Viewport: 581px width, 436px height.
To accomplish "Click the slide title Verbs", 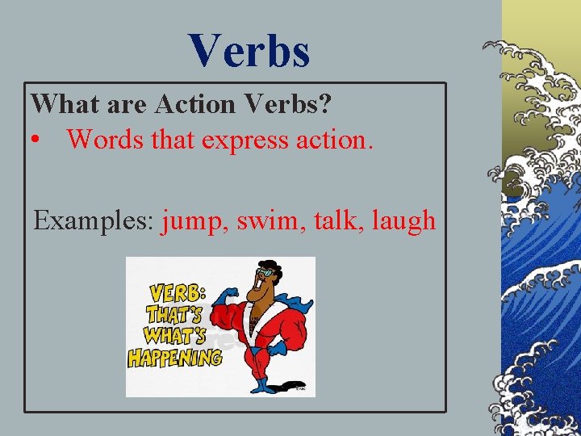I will click(x=250, y=50).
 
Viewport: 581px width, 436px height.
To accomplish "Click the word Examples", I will click(x=94, y=220).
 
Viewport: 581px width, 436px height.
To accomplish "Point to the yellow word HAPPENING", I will click(x=174, y=357).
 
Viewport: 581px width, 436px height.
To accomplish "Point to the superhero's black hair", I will click(x=267, y=264).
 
